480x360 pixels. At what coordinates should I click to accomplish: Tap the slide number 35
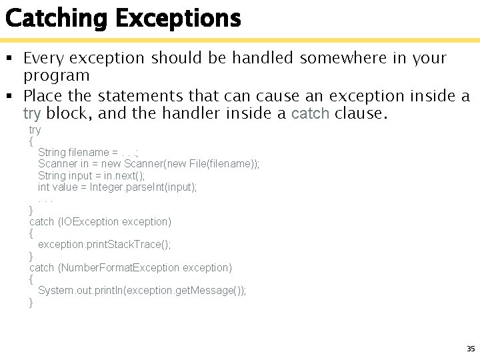click(471, 349)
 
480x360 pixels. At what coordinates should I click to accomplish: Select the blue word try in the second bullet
click(32, 113)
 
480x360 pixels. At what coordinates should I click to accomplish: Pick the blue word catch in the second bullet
click(311, 113)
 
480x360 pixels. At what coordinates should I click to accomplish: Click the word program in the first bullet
click(56, 76)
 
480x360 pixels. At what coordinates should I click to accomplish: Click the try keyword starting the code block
click(35, 129)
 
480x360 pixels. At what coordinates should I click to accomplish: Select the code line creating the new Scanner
click(149, 164)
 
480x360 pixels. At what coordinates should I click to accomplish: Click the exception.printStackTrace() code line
click(105, 245)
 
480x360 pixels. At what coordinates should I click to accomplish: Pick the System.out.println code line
click(142, 291)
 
